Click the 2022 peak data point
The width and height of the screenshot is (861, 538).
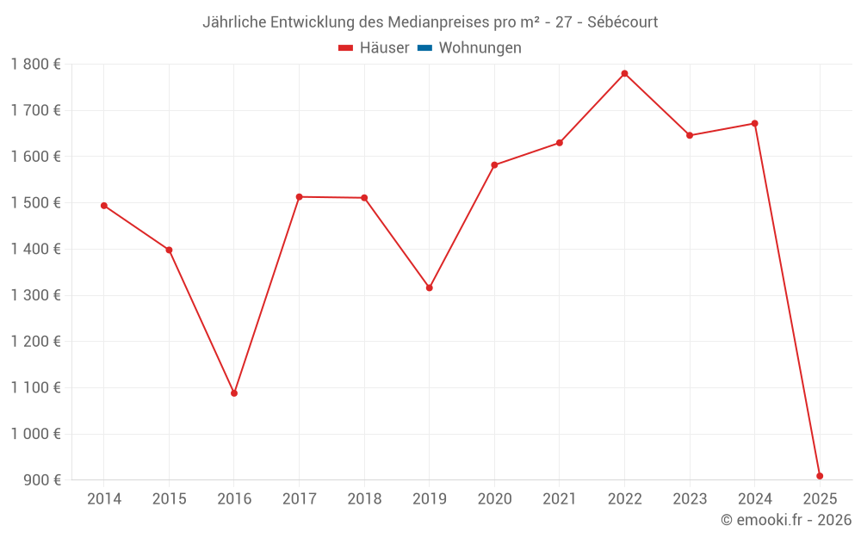tap(624, 73)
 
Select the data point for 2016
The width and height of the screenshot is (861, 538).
tap(234, 393)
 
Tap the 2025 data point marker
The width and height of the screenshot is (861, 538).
tap(820, 476)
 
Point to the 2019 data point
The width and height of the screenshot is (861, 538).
tap(430, 288)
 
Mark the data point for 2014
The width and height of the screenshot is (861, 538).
tap(104, 206)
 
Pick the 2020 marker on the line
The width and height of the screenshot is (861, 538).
tap(494, 165)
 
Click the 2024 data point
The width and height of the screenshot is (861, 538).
tap(755, 123)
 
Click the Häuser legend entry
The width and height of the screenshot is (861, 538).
tap(374, 48)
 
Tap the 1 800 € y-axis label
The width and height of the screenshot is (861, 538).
tap(35, 65)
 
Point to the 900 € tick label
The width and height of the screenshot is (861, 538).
tap(41, 480)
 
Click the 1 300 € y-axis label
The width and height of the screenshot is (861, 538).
tap(35, 295)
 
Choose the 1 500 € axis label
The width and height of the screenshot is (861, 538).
tap(35, 203)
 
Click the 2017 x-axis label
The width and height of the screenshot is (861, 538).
tap(299, 499)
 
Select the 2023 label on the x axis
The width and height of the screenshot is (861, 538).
tap(690, 499)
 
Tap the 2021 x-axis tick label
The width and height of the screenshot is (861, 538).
tap(560, 499)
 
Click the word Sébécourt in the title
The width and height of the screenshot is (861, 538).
tap(623, 22)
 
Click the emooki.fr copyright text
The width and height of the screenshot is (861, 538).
tap(786, 520)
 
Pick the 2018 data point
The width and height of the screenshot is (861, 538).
tap(364, 198)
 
